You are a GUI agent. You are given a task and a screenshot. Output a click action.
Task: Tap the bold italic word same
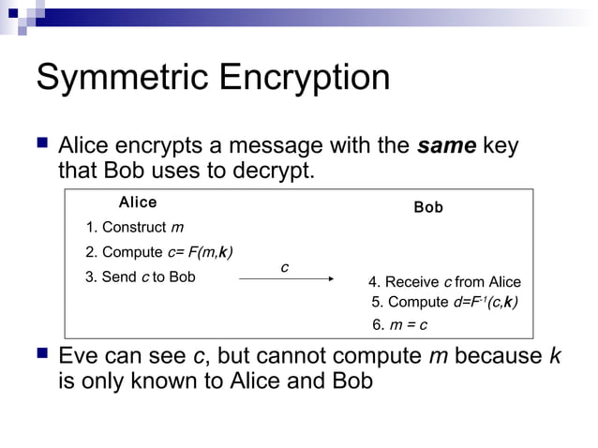447,147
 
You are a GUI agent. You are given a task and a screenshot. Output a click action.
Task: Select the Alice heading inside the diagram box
138,202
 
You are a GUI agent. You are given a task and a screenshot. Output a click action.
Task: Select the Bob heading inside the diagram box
428,207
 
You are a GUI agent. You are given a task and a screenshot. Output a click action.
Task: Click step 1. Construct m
134,228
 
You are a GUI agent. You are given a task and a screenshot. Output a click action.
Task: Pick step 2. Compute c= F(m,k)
159,252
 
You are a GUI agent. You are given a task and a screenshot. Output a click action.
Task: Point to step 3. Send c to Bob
141,276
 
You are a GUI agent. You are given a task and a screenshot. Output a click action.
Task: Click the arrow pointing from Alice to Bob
287,278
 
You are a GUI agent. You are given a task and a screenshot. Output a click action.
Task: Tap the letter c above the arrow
284,268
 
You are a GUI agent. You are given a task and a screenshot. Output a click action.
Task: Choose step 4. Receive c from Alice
444,282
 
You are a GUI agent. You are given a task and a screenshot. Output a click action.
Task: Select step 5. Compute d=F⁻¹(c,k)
445,303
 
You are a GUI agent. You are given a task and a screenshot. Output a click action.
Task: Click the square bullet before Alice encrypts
41,146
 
